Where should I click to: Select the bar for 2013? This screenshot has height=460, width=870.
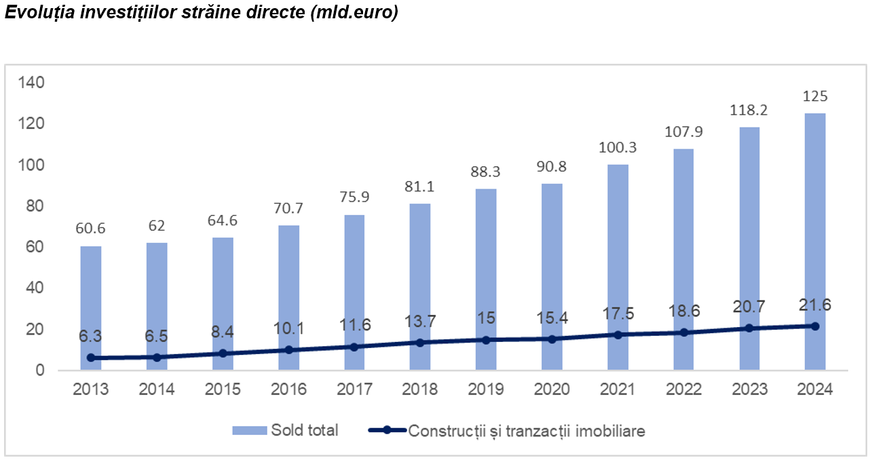tap(91, 299)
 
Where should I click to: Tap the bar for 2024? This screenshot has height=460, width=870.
tap(815, 224)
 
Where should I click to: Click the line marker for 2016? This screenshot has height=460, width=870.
tap(288, 350)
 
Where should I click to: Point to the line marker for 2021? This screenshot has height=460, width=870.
tap(618, 334)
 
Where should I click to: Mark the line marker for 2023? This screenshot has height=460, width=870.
tap(749, 328)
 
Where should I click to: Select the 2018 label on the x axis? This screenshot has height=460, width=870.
tap(420, 389)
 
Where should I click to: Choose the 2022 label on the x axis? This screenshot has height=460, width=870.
tap(683, 389)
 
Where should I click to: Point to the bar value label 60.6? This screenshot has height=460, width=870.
tap(91, 229)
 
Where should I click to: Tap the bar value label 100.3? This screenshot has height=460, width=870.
tap(618, 147)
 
